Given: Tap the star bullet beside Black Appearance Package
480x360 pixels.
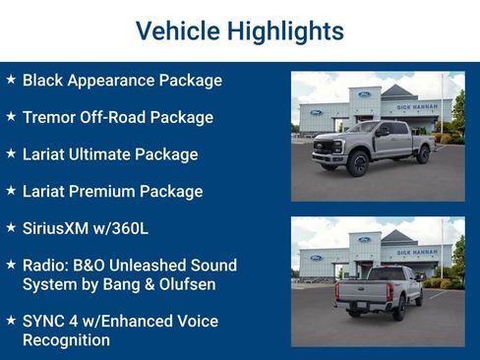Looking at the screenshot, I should coord(11,80).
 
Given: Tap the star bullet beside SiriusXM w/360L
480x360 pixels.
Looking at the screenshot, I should coord(11,227).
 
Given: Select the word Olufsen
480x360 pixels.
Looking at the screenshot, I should coord(187,283).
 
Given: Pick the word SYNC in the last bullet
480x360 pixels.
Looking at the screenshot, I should coord(45,321).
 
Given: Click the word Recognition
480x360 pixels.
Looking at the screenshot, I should coord(66,339).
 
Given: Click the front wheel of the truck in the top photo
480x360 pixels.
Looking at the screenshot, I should coord(358,162).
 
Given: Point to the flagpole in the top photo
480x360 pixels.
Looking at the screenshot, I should coord(441,103).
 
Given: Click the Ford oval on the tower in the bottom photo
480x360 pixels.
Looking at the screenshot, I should coord(364,239).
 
